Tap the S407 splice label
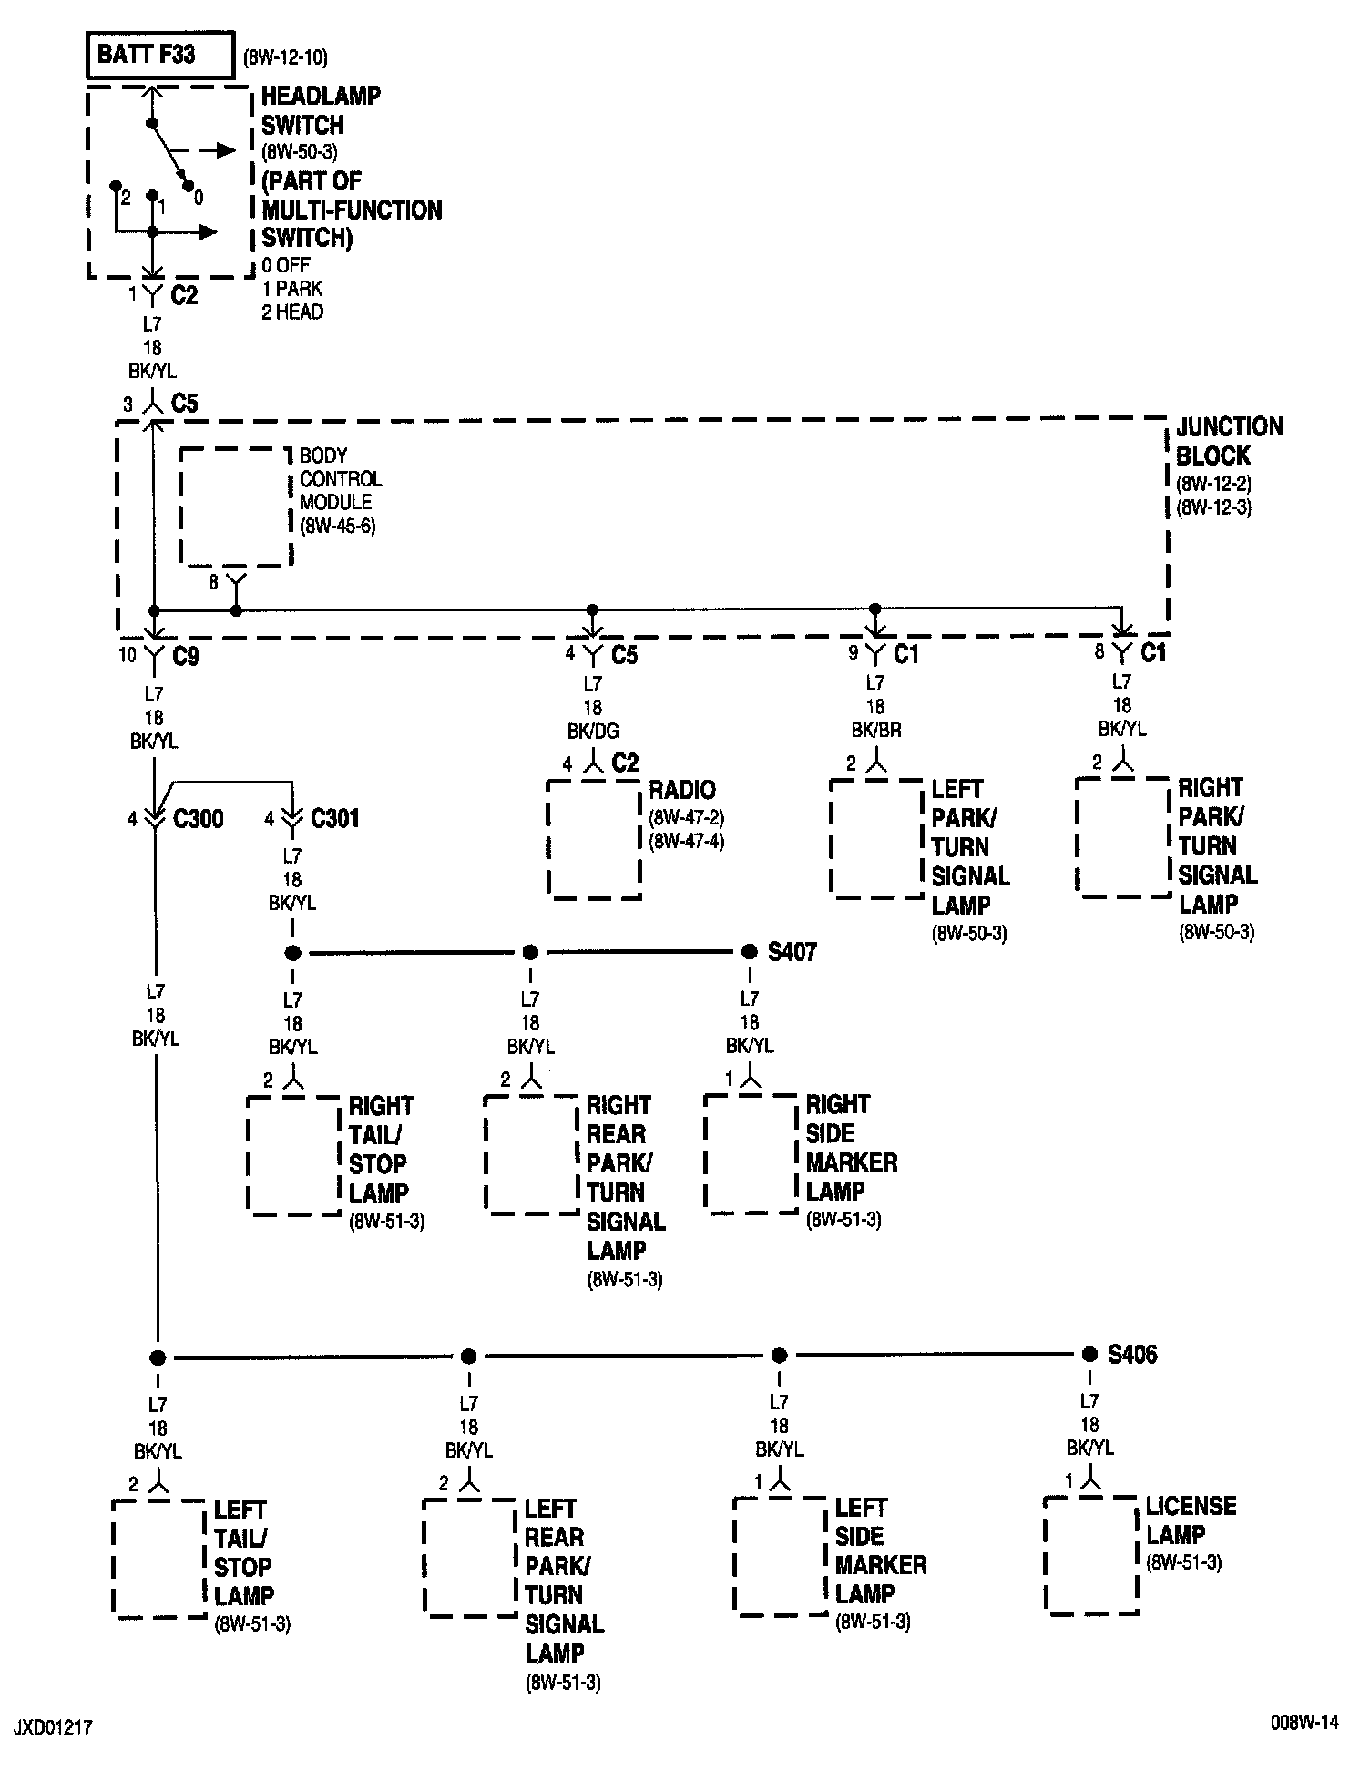(x=792, y=952)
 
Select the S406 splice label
(x=1132, y=1354)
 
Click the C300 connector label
(x=198, y=818)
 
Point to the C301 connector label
(x=334, y=818)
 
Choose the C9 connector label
(x=185, y=656)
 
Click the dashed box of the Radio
(x=594, y=839)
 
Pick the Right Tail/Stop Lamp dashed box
(x=294, y=1154)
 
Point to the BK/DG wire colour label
(x=593, y=731)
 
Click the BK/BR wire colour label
(x=875, y=730)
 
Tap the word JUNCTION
(x=1229, y=426)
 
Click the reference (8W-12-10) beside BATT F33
(x=285, y=58)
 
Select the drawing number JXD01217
(x=53, y=1727)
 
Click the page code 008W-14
(x=1305, y=1722)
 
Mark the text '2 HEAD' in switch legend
(x=292, y=312)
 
